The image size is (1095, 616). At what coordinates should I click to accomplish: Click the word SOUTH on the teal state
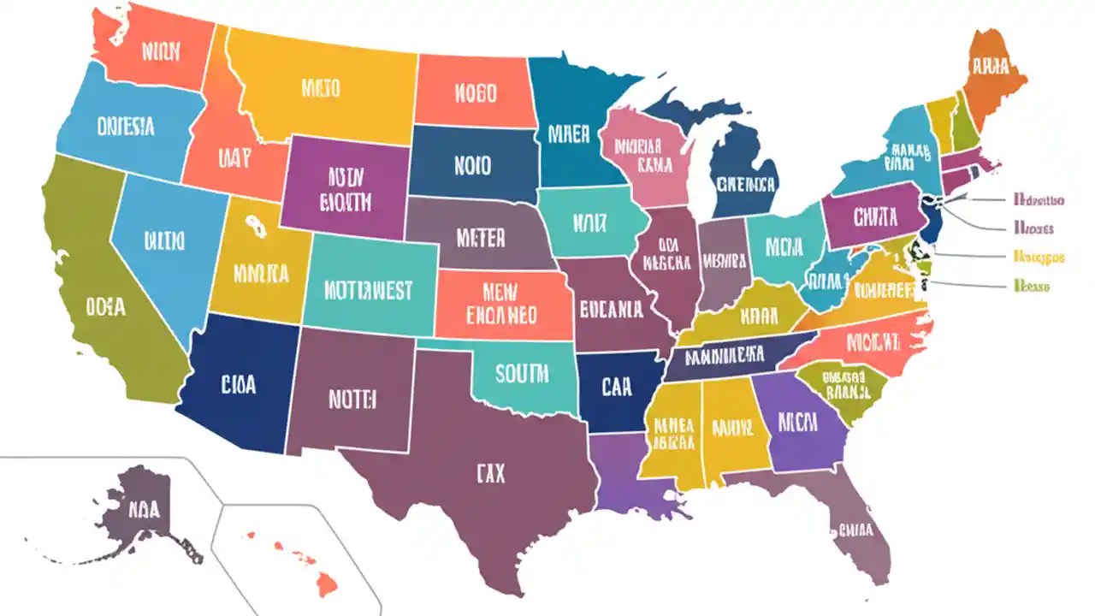524,375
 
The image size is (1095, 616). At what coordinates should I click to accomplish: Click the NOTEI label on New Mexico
352,398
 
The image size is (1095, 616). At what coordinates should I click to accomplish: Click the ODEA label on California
105,305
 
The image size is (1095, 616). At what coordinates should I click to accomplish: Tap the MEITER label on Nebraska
481,238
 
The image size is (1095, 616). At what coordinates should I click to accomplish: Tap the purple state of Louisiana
629,479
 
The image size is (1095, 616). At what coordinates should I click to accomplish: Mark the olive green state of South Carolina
843,389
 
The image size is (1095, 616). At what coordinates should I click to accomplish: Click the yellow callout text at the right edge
1039,256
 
